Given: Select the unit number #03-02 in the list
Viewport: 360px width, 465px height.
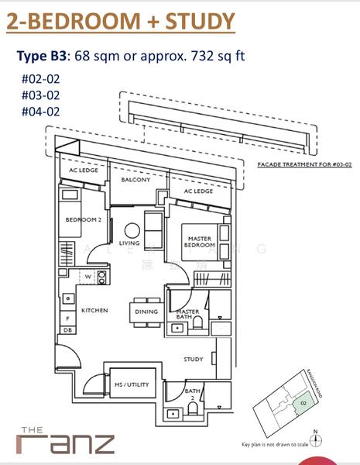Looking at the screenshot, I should point(41,95).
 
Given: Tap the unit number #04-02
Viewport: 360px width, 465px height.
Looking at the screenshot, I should point(41,111).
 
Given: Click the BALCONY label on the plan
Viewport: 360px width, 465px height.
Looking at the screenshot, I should point(135,180).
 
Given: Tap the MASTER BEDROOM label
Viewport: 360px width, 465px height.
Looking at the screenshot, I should point(197,242).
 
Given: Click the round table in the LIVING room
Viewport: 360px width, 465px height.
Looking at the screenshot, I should point(132,230).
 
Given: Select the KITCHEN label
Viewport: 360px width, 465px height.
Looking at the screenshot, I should point(94,310).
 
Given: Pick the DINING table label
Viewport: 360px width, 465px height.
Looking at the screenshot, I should point(146,312).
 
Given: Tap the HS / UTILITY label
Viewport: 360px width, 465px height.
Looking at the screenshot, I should point(131,384).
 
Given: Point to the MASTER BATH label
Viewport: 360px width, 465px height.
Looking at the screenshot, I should point(189,315).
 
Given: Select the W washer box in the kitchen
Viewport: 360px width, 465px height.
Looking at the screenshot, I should point(87,275).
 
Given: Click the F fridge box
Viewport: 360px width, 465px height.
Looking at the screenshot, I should point(67,318).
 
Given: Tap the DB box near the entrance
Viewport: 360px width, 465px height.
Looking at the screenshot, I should point(67,330).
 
